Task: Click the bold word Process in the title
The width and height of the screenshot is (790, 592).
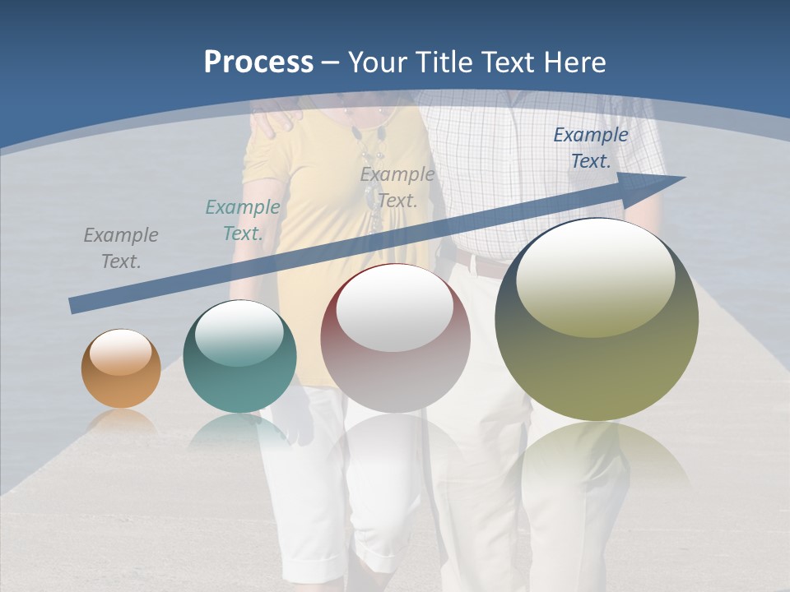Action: [x=258, y=62]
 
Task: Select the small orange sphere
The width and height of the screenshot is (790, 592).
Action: [x=121, y=368]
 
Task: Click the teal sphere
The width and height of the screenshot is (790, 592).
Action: [x=239, y=356]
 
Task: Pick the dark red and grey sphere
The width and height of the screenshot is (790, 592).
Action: [x=396, y=338]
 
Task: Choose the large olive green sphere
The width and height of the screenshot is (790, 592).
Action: [x=597, y=319]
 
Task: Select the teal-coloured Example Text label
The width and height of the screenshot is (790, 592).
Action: [x=243, y=220]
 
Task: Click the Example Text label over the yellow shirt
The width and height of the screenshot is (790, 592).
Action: [x=397, y=187]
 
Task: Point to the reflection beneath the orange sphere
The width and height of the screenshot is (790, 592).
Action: [x=121, y=421]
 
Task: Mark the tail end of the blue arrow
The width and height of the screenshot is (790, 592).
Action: [x=72, y=306]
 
